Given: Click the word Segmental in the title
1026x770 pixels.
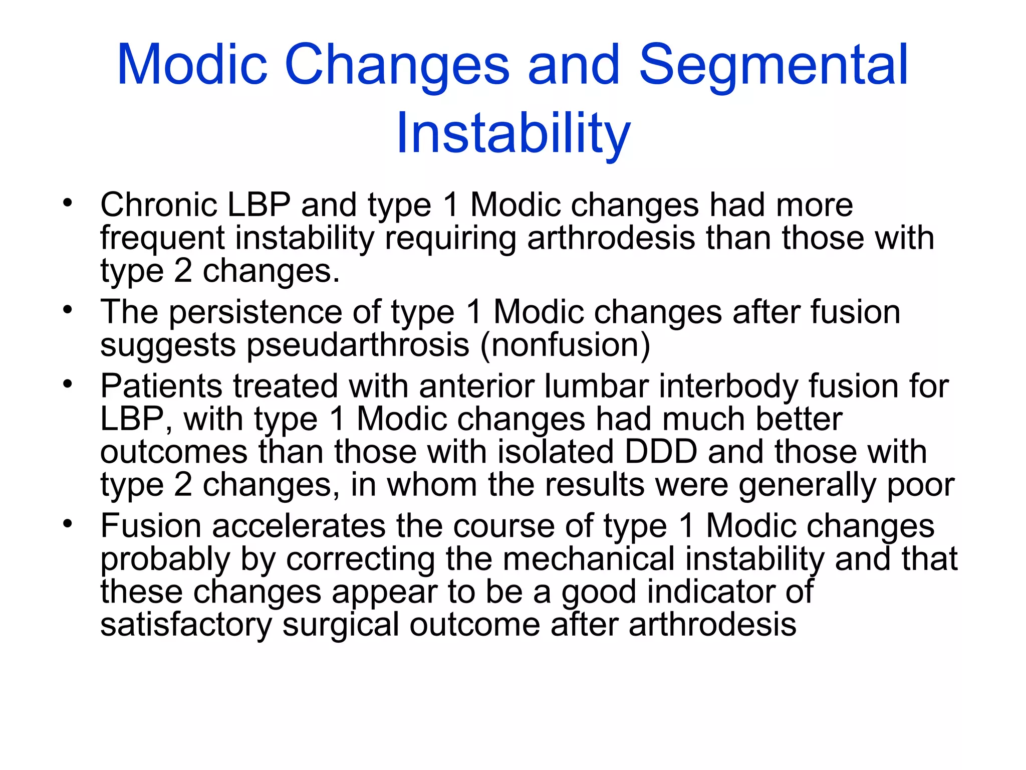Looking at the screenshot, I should point(774,65).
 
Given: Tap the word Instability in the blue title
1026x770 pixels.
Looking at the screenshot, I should point(513,133).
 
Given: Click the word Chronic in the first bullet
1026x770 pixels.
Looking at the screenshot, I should point(159,205).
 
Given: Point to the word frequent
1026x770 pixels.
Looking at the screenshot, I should point(162,238).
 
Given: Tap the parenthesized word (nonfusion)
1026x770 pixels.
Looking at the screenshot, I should point(565,345).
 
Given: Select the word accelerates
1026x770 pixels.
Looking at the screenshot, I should point(299,526).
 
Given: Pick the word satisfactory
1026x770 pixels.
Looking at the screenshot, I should point(186,625).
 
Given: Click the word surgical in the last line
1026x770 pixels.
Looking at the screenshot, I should point(341,625).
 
